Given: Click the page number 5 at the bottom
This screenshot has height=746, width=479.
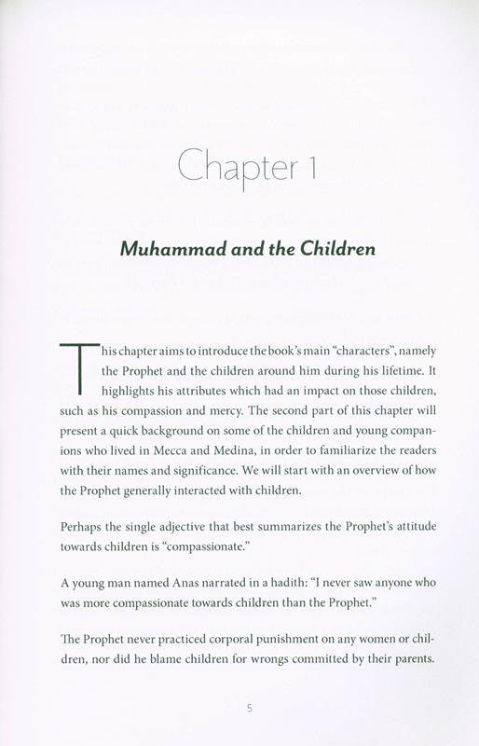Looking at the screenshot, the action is pos(249,709).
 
